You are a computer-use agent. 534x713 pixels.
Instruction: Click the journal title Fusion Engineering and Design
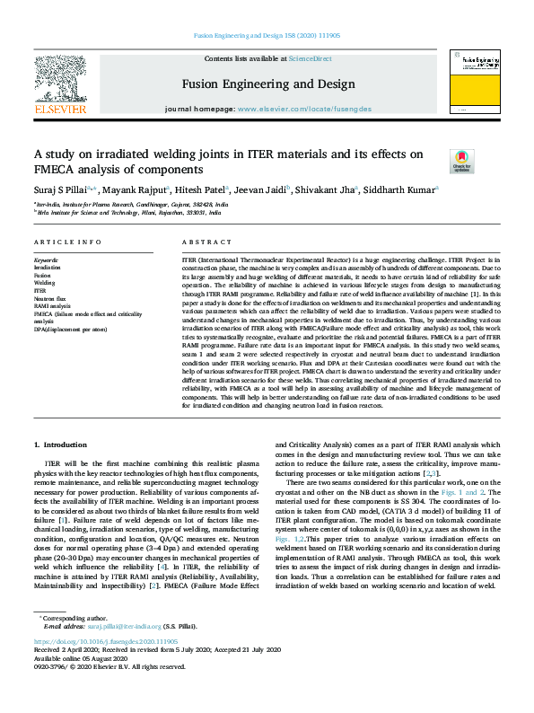pyautogui.click(x=261, y=84)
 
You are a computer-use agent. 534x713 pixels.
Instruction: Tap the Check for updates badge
pyautogui.click(x=461, y=162)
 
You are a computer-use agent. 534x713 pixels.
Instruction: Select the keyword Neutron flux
pyautogui.click(x=50, y=298)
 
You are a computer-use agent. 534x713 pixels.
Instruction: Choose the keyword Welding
pyautogui.click(x=45, y=283)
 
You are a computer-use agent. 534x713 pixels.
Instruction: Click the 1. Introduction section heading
pyautogui.click(x=62, y=445)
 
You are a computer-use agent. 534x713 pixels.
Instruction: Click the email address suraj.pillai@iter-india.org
pyautogui.click(x=126, y=626)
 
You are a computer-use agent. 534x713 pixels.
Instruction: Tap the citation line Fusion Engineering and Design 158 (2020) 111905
pyautogui.click(x=267, y=36)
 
